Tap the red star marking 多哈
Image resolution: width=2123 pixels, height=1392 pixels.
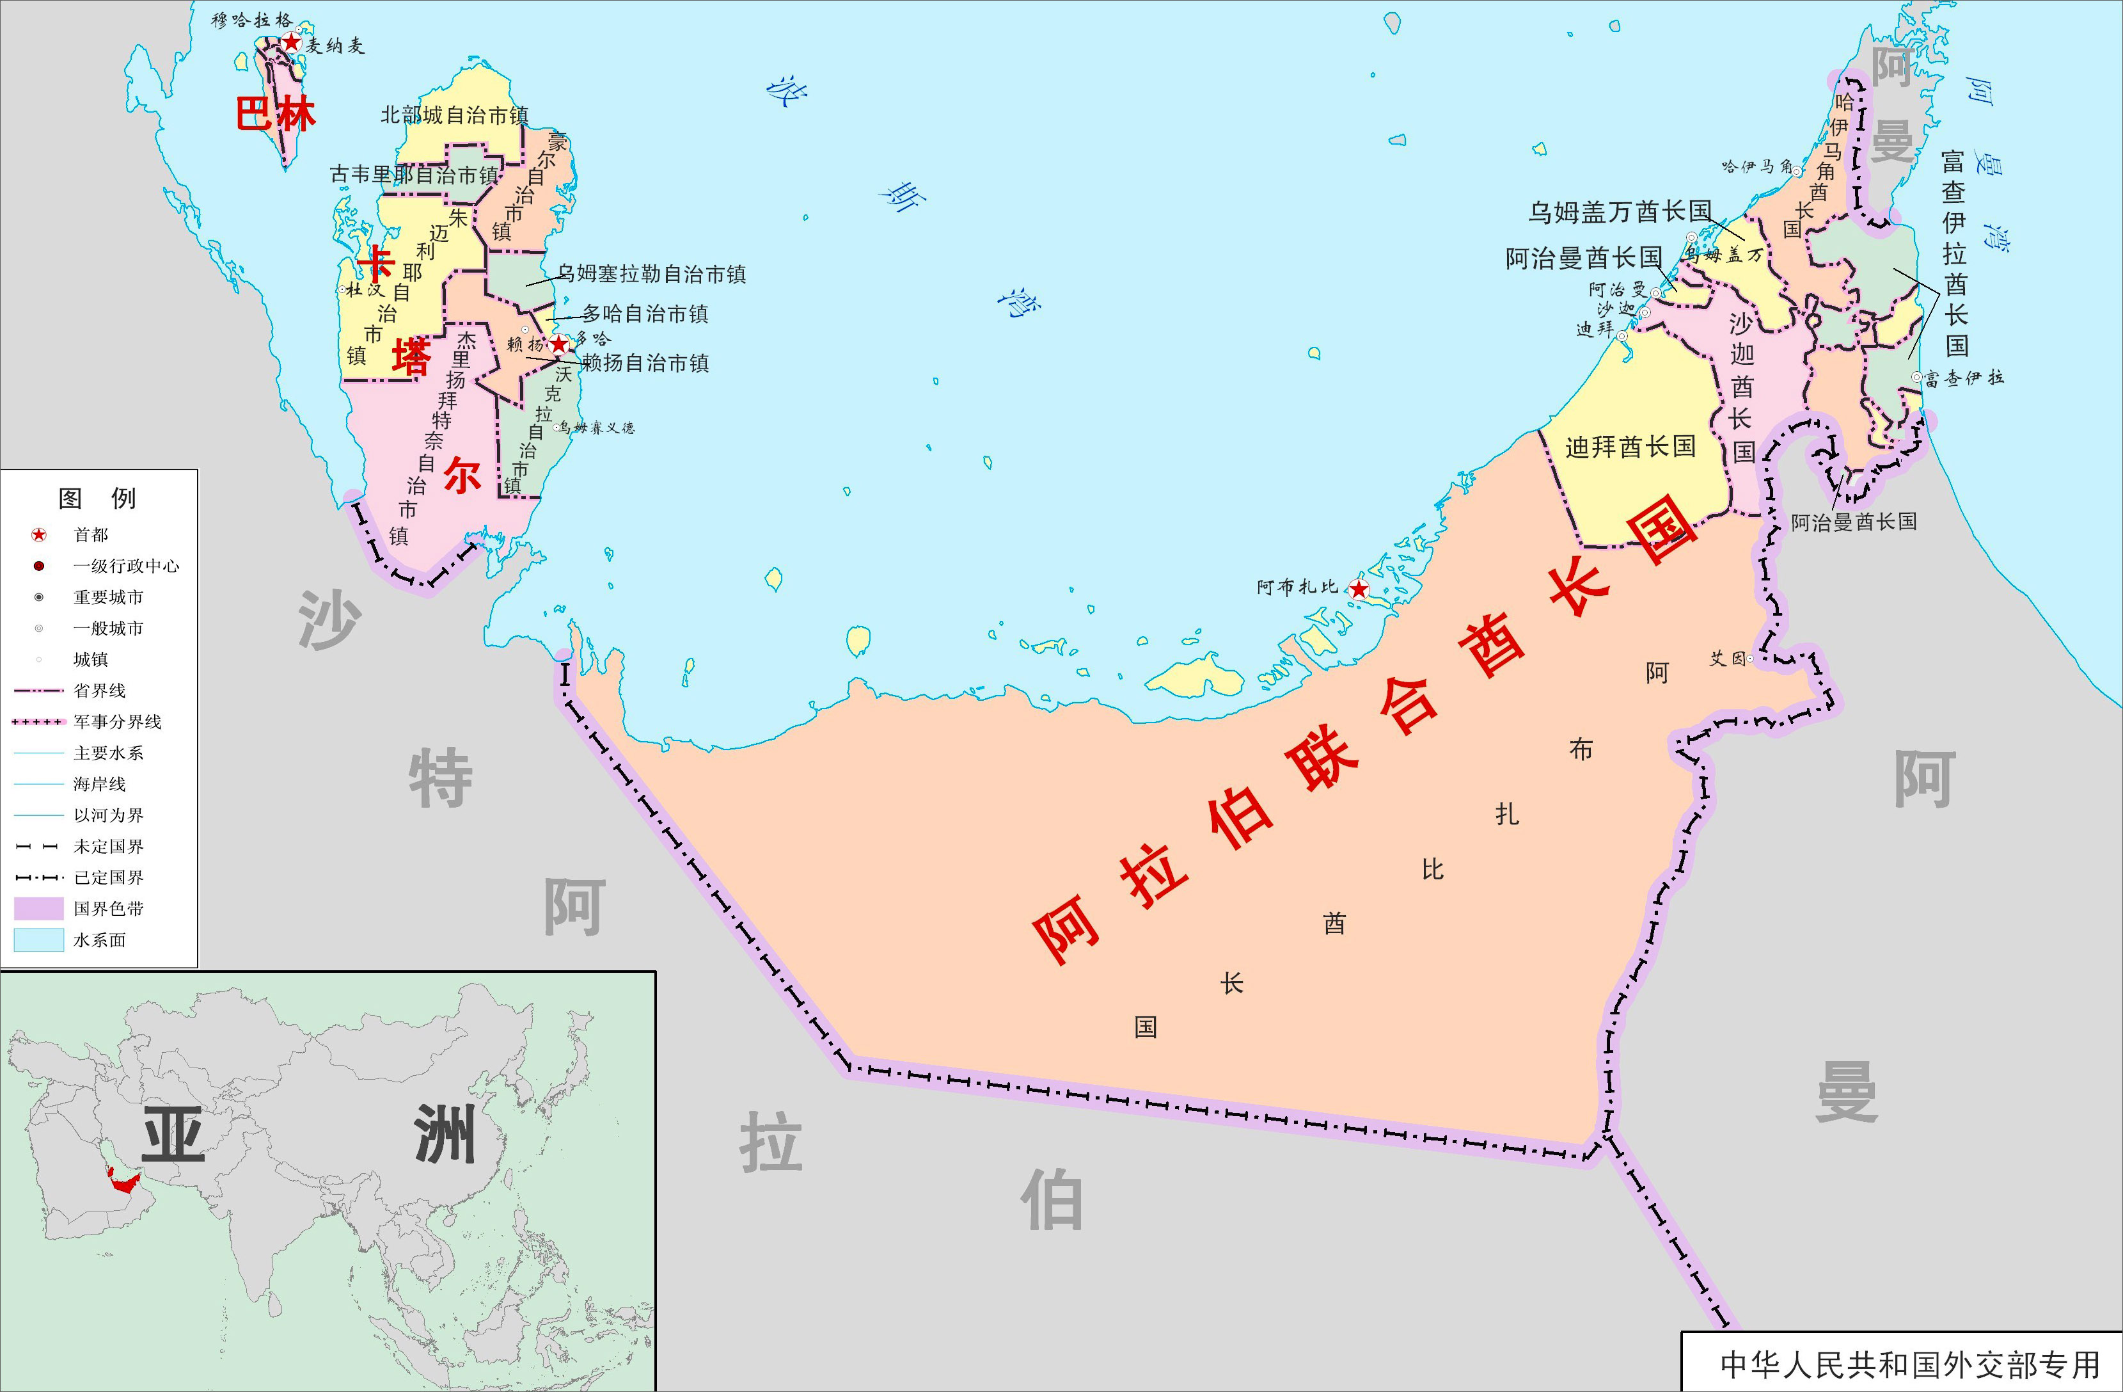click(x=559, y=344)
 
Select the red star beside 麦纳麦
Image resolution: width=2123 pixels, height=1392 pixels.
click(x=291, y=42)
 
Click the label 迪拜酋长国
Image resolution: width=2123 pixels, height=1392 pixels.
click(x=1630, y=446)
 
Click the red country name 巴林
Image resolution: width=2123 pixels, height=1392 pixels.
click(x=276, y=114)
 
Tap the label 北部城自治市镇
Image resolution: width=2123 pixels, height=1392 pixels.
click(x=454, y=115)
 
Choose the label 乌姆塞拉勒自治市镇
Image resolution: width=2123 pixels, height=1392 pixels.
click(x=652, y=274)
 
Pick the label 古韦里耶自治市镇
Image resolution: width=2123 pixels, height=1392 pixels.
click(x=414, y=175)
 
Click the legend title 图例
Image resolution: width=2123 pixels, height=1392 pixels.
click(x=97, y=498)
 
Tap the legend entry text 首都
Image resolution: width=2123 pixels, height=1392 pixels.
click(x=91, y=534)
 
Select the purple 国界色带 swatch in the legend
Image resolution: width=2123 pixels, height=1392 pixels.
click(x=38, y=908)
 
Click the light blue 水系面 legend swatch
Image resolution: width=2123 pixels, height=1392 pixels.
click(x=38, y=940)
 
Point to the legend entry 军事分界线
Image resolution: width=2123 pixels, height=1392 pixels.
click(x=118, y=722)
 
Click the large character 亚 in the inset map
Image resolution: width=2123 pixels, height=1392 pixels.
click(x=173, y=1137)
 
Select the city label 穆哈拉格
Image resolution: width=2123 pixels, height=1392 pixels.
click(x=251, y=20)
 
